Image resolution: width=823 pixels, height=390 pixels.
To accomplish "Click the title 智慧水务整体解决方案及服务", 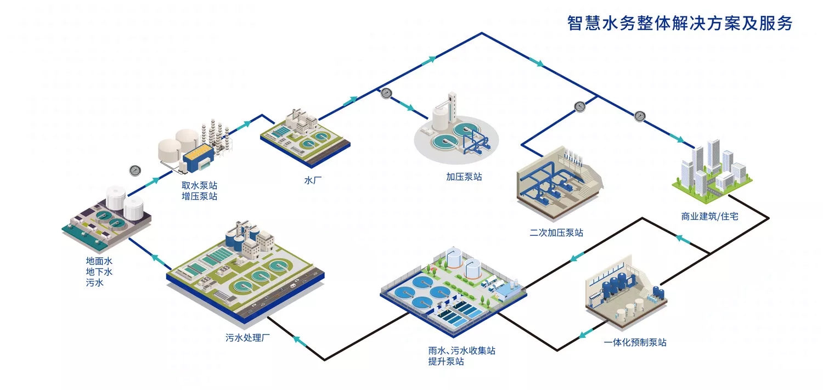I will tap(679, 24).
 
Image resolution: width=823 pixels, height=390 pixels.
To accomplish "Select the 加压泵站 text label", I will tap(464, 177).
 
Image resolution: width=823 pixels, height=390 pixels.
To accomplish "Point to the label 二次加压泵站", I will tap(556, 233).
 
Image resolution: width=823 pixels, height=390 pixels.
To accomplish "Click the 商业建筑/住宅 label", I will tap(709, 216).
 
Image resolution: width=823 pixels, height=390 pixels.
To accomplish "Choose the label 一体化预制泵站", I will tap(635, 342).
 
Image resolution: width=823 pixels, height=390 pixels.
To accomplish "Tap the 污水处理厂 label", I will tap(249, 337).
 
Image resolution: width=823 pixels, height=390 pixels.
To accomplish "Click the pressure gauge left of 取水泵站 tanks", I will tap(134, 171).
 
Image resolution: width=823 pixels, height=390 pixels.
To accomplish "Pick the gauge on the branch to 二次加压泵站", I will tap(580, 106).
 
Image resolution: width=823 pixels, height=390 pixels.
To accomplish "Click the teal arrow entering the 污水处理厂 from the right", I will tap(299, 341).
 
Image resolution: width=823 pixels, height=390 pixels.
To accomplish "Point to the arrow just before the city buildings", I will tap(677, 137).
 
